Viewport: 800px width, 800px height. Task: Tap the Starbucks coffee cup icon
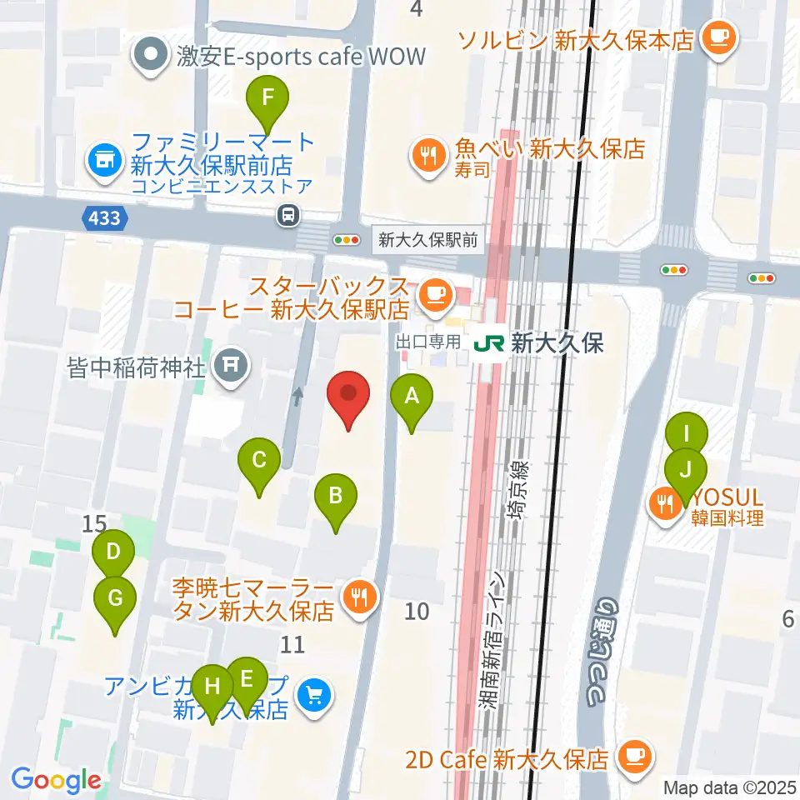click(x=433, y=292)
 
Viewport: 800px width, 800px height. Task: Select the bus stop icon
click(x=288, y=216)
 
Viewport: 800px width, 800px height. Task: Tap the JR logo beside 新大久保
click(x=489, y=343)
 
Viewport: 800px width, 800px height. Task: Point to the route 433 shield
click(x=106, y=219)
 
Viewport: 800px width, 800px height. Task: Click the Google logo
click(x=56, y=780)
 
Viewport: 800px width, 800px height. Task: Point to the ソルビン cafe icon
click(x=717, y=37)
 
